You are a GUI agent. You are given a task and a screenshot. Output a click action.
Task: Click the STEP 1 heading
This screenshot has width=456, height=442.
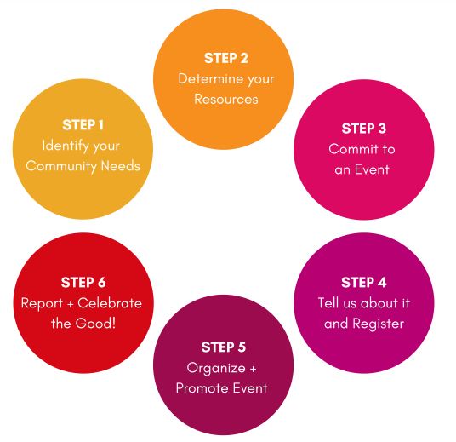click(x=83, y=125)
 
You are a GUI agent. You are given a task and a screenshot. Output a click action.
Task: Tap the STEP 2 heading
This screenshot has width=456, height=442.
click(x=226, y=58)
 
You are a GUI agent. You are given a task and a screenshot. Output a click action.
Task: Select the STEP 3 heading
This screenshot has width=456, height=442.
click(x=364, y=129)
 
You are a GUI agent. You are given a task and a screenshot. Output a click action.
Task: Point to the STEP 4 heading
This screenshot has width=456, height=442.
click(x=364, y=283)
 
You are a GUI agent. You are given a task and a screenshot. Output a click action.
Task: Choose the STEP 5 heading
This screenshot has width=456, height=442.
click(x=224, y=347)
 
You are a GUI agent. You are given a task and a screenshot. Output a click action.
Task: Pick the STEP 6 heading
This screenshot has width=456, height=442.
click(x=83, y=283)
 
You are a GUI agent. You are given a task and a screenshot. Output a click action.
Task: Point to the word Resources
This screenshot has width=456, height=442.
click(x=226, y=100)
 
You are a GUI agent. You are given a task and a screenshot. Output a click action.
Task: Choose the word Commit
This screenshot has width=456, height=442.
click(x=354, y=149)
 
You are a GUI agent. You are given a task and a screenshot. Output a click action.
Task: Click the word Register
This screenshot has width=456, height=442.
click(x=378, y=324)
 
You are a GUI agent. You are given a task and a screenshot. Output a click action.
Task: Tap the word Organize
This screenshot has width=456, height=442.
click(x=216, y=368)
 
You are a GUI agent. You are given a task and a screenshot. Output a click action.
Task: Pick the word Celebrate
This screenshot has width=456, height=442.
click(x=110, y=303)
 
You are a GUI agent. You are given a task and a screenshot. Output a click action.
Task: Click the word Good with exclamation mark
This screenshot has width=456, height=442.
click(x=95, y=324)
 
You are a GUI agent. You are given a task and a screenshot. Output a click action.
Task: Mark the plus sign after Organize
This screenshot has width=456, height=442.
click(x=253, y=369)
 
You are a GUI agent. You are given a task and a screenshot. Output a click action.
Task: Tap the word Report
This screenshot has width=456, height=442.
click(x=42, y=304)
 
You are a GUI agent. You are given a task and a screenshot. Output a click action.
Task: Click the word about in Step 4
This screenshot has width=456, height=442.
click(x=379, y=303)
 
